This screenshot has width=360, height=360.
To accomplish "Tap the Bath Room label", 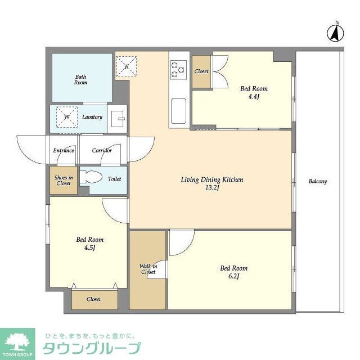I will [81, 79].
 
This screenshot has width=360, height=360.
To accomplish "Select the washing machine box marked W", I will [67, 117].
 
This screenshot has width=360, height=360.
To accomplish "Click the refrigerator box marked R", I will [127, 66].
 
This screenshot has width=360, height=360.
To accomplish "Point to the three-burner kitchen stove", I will [178, 69].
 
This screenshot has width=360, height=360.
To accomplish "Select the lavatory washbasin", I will [118, 119].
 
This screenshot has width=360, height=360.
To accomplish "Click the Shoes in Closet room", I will [62, 180].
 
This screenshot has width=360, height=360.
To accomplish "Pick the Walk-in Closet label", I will [148, 269].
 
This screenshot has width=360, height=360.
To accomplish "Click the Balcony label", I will [317, 181].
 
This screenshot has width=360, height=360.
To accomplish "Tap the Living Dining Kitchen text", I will [211, 180].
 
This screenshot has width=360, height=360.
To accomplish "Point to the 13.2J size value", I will [212, 188].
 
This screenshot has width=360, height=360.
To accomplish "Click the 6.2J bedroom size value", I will [233, 276].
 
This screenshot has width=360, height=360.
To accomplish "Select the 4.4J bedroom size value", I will [254, 96].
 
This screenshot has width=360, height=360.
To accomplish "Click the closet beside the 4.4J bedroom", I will [201, 71].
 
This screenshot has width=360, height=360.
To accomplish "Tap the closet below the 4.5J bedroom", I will [93, 299].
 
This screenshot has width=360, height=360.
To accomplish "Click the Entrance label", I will [64, 150].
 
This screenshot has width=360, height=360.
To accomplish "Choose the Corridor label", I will [102, 150].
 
